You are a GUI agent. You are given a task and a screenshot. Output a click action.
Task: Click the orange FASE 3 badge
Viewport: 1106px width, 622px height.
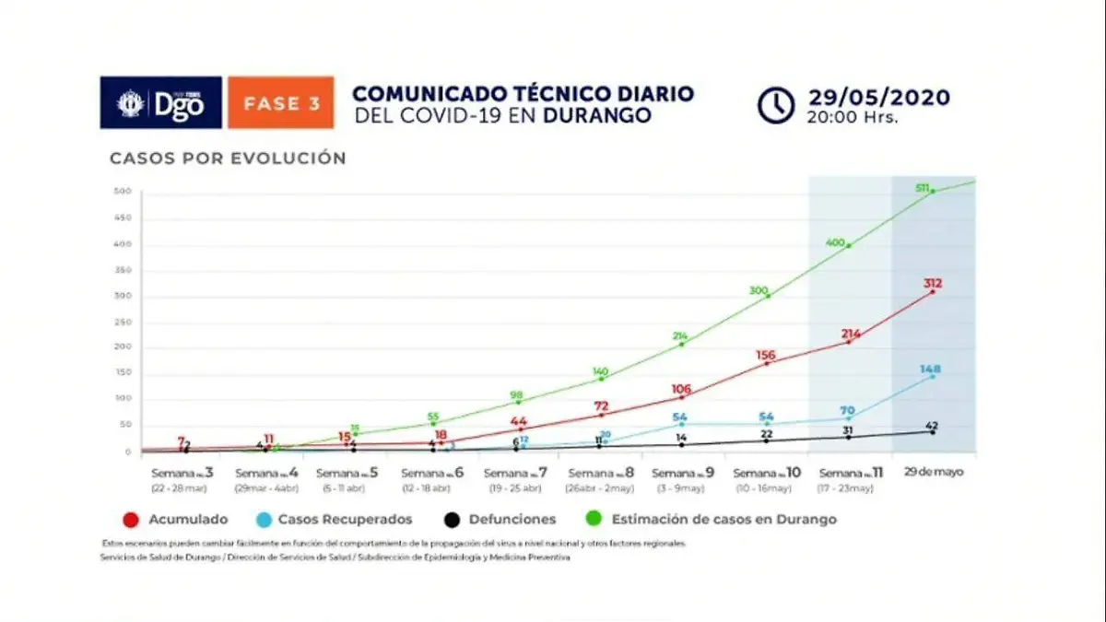281,102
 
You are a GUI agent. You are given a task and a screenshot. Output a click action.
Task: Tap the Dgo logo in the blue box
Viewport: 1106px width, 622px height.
161,102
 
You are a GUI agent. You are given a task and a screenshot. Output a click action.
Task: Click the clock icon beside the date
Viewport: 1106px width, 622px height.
776,105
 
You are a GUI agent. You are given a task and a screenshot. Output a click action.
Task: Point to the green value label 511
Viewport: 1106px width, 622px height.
922,188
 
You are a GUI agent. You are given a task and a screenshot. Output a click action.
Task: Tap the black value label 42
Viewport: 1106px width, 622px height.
932,425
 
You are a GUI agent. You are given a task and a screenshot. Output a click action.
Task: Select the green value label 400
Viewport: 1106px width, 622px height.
835,242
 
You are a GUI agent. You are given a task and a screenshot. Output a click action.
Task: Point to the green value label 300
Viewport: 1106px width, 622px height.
759,291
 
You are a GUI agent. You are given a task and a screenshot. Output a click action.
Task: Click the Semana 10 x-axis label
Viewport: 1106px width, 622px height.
767,474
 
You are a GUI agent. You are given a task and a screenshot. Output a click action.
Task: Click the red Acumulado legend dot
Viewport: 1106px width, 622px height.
130,519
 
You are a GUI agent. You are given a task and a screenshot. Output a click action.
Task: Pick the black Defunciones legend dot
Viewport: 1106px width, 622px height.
451,519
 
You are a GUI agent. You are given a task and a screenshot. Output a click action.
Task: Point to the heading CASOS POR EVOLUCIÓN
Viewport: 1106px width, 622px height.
228,158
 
